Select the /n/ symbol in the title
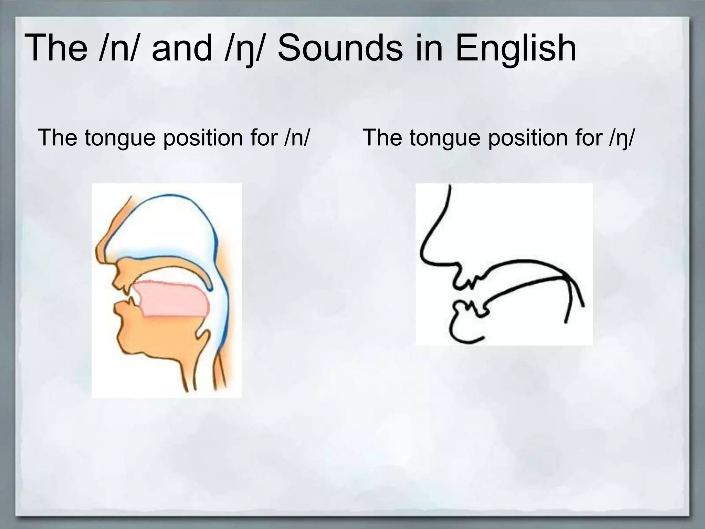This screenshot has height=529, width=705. point(120,48)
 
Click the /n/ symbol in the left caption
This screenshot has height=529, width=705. point(296,138)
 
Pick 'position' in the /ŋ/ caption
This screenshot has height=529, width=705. point(529,138)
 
